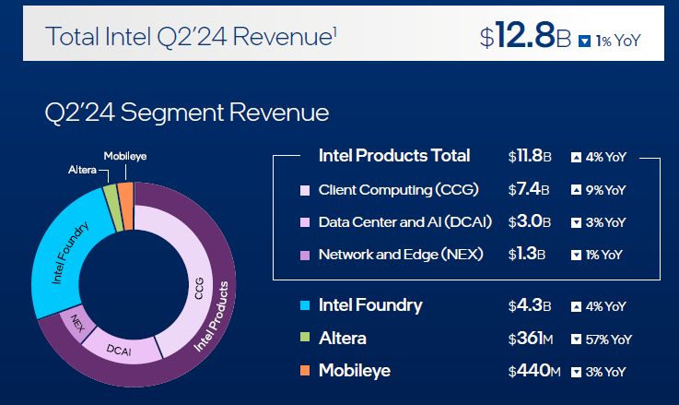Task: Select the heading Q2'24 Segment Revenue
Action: tap(186, 113)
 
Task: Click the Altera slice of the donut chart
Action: tap(110, 193)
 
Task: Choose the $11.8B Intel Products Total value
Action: tap(529, 156)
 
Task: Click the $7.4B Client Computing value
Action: tap(529, 190)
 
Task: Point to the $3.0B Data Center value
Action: tap(529, 221)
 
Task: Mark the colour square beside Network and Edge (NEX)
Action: tap(305, 254)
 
